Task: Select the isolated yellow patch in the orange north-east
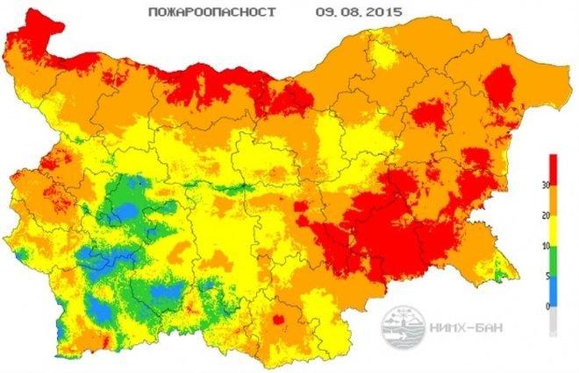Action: tap(383, 56)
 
